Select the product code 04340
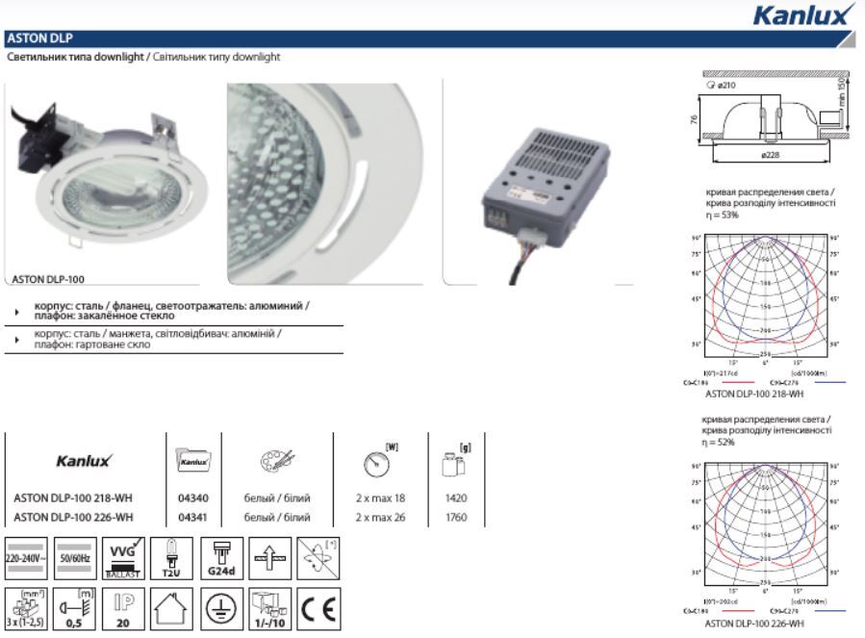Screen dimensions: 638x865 pos(193,498)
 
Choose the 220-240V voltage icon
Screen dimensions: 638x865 pos(23,557)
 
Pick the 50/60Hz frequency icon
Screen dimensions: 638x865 pos(75,557)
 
